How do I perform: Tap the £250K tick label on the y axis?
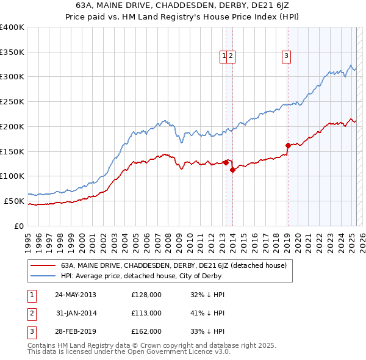pos(12,101)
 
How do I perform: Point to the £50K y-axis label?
pos(14,201)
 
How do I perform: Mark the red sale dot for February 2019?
pos(288,145)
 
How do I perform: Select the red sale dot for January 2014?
pos(233,170)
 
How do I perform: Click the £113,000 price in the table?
pos(146,313)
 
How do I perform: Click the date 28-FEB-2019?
pos(76,332)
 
